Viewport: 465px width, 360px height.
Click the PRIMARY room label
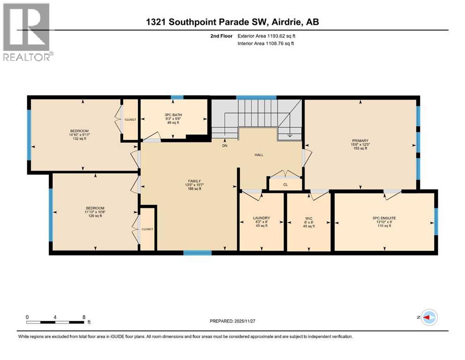[x=361, y=140]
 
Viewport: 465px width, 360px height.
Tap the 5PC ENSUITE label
[x=384, y=218]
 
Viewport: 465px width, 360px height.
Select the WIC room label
[x=309, y=218]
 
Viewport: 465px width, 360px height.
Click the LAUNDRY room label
[x=261, y=218]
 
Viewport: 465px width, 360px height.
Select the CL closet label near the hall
[x=285, y=185]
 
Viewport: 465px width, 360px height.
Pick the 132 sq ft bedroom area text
[x=79, y=138]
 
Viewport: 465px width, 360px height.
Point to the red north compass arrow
[x=428, y=317]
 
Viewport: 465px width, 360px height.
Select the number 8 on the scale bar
[x=83, y=317]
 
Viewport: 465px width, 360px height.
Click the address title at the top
[x=233, y=22]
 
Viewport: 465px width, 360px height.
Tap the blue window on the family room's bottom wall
[x=197, y=253]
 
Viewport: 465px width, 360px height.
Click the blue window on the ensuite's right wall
[x=436, y=221]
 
